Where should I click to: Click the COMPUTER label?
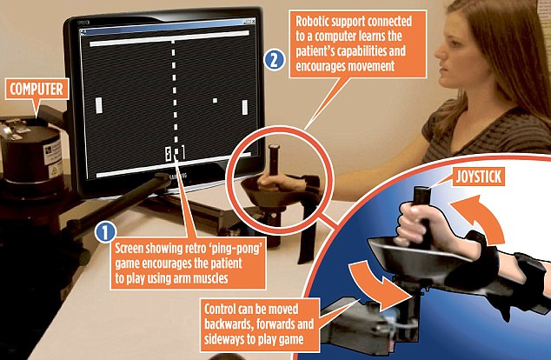click(37, 89)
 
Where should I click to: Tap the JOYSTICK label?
click(478, 177)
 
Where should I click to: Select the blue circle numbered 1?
click(105, 232)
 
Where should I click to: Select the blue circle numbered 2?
click(274, 60)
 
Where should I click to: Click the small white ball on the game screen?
click(215, 101)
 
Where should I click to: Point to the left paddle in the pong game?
click(99, 105)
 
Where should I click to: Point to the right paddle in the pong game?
click(245, 107)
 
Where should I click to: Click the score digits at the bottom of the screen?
click(175, 153)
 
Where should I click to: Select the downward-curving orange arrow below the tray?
click(376, 284)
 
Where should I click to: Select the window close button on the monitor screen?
click(253, 22)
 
